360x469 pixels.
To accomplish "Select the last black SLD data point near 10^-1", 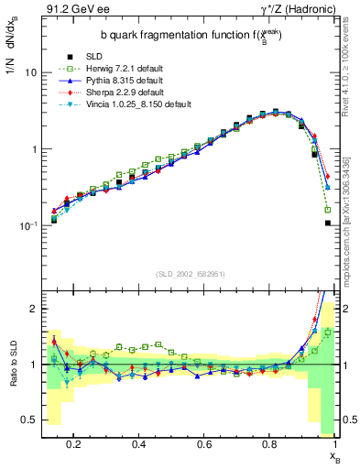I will [x=327, y=223].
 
